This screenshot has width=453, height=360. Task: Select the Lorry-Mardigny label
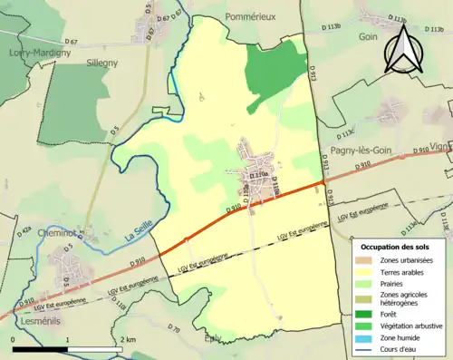click(34, 53)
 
